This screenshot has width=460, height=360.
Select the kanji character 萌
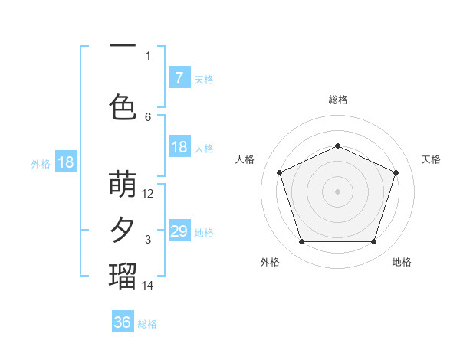(x=123, y=185)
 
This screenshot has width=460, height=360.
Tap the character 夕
(x=123, y=231)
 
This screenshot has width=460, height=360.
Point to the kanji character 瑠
(x=123, y=276)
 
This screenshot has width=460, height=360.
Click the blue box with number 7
(x=179, y=77)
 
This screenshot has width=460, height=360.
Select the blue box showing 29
(x=179, y=231)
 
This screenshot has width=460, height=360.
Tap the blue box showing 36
(x=123, y=322)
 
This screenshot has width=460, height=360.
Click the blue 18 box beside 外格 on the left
(x=66, y=162)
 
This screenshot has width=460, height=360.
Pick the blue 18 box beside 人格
(x=179, y=147)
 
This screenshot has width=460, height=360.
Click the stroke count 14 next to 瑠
(x=148, y=285)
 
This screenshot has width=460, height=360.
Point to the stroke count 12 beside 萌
(x=148, y=194)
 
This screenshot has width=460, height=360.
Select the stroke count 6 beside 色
(x=148, y=116)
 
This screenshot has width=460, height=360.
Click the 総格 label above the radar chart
(x=338, y=100)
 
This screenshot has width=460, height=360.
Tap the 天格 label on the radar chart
(x=431, y=159)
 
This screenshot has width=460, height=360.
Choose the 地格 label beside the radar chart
(x=402, y=262)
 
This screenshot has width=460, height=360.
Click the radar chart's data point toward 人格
(x=279, y=172)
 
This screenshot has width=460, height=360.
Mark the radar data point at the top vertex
(x=338, y=146)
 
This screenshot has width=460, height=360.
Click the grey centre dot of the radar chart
(x=338, y=191)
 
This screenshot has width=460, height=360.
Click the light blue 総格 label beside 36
(x=147, y=324)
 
